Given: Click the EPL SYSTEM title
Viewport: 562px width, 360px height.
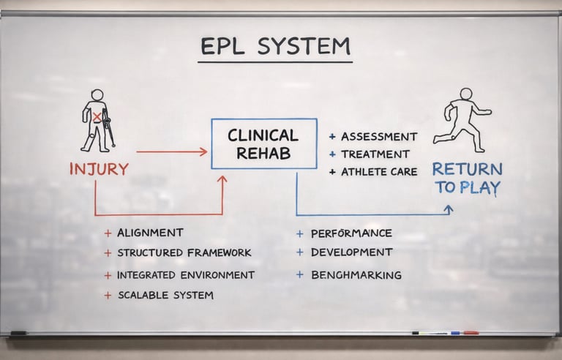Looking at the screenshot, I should pyautogui.click(x=275, y=46).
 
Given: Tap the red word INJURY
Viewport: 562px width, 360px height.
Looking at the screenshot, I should pyautogui.click(x=99, y=169).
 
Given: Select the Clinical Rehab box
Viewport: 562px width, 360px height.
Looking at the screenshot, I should pyautogui.click(x=263, y=143).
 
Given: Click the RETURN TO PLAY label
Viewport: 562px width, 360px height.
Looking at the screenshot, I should pyautogui.click(x=468, y=178).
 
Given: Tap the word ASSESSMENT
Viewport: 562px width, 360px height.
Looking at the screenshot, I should pyautogui.click(x=379, y=137).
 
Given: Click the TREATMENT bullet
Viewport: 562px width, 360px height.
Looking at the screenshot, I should pyautogui.click(x=375, y=154).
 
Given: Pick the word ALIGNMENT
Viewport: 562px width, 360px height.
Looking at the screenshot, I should pyautogui.click(x=150, y=233).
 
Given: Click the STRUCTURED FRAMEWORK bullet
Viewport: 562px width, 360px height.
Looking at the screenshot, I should pyautogui.click(x=184, y=252).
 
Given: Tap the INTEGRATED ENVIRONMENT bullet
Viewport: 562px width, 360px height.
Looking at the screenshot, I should pyautogui.click(x=186, y=275).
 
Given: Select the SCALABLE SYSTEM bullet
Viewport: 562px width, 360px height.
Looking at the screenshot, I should pyautogui.click(x=165, y=296).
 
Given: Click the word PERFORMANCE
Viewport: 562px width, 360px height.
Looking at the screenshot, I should pyautogui.click(x=351, y=233).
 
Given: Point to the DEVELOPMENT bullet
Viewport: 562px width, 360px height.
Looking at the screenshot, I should pyautogui.click(x=351, y=252).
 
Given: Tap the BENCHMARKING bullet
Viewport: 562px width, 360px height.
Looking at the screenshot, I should pyautogui.click(x=356, y=275).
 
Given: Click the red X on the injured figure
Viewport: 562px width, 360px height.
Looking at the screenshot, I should pyautogui.click(x=96, y=116).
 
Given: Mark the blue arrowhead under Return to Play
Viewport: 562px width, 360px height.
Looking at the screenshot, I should pyautogui.click(x=449, y=209).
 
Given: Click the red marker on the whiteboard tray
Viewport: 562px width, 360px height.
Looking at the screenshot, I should pyautogui.click(x=471, y=333).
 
